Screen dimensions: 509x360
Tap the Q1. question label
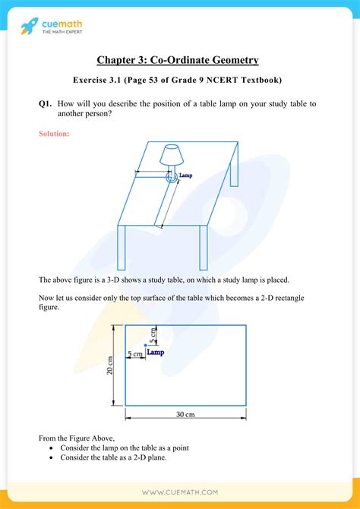[47, 104]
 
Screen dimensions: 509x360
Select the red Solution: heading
[54, 134]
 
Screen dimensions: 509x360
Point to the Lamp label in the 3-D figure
[185, 175]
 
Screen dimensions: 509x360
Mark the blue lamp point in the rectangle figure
[146, 346]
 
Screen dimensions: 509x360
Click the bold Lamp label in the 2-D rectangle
[156, 353]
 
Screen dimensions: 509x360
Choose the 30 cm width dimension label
[184, 414]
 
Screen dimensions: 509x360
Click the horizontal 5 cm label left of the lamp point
[134, 354]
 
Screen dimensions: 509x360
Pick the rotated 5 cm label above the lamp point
[152, 334]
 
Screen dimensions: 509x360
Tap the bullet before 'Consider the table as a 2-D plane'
[51, 458]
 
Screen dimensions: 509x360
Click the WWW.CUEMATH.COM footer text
[179, 494]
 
